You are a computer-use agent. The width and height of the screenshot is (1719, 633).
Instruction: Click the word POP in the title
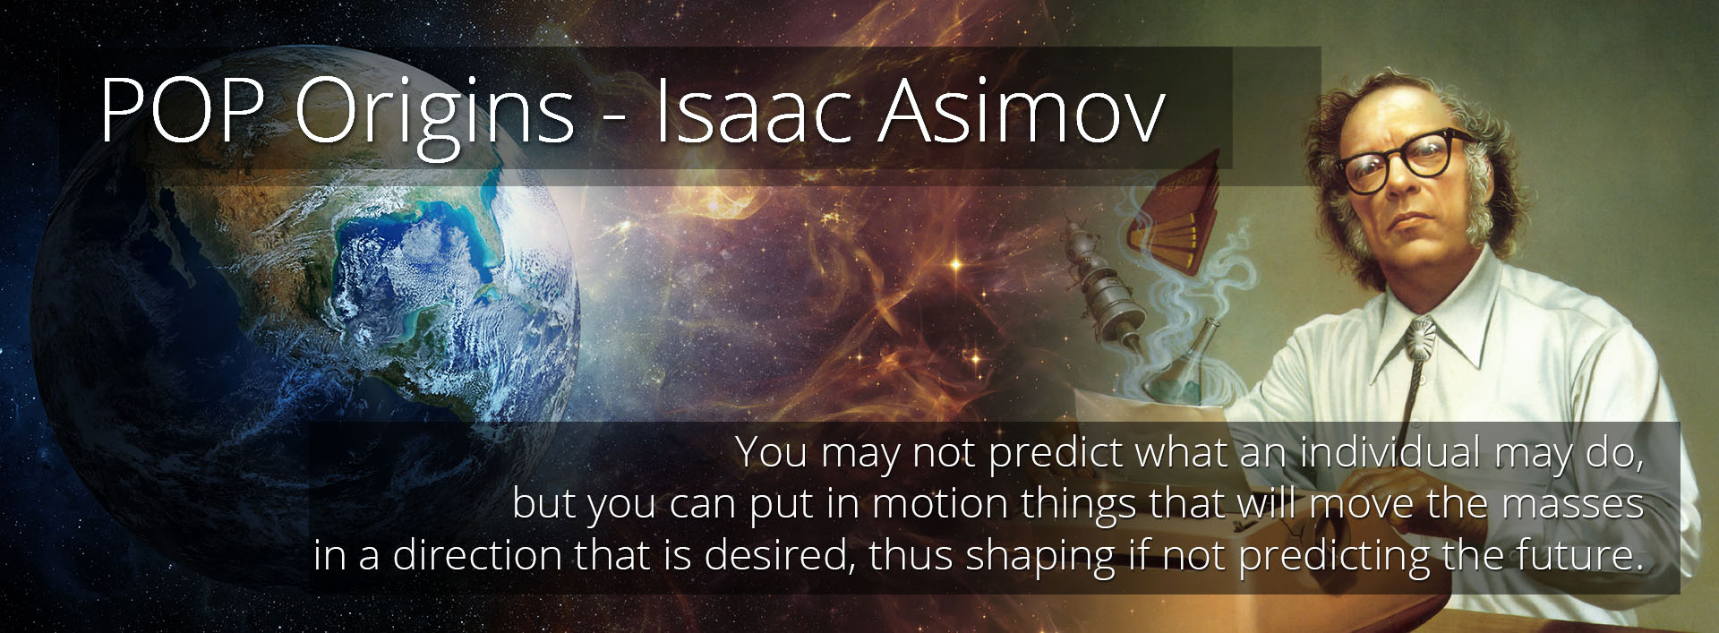point(181,110)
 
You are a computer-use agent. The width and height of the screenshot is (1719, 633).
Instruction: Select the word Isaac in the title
point(752,110)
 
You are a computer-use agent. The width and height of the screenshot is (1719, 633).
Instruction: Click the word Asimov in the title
point(1021,110)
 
